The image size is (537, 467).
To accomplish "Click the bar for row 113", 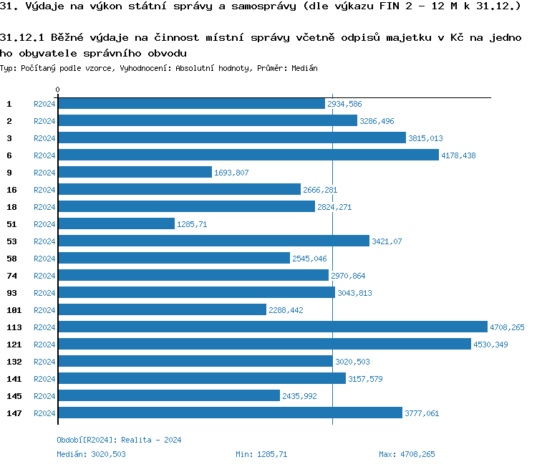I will (x=272, y=327).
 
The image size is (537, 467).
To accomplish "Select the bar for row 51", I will (x=116, y=224).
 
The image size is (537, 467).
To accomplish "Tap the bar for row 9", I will (x=135, y=173).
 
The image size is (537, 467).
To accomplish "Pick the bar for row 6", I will (x=248, y=155).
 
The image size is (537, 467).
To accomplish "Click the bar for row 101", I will (x=162, y=310).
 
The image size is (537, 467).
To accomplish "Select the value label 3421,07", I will (x=387, y=241).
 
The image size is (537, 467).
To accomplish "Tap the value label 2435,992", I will (x=299, y=396).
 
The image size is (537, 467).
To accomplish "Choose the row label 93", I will (x=12, y=293).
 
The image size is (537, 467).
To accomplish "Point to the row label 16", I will (x=12, y=190).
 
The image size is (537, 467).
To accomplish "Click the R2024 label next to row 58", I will (x=44, y=259).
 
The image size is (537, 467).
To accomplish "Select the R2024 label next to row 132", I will (x=44, y=362).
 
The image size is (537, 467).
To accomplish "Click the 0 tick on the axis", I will (x=58, y=90).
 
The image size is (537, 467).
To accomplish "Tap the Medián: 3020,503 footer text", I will (x=91, y=454).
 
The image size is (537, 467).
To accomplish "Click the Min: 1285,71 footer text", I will (x=261, y=454).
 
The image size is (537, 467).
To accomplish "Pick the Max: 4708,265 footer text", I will (x=407, y=454).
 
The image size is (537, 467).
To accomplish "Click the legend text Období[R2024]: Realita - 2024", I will (x=119, y=440).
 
